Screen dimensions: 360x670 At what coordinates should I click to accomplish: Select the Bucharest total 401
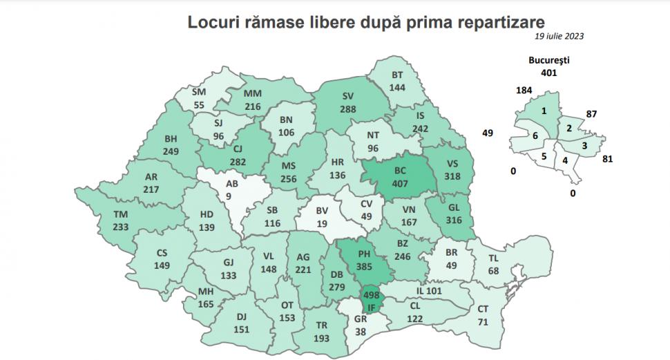548,72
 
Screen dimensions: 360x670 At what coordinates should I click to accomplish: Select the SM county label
200,92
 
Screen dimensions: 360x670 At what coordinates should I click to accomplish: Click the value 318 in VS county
453,176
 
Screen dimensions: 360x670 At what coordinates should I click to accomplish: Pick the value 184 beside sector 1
524,90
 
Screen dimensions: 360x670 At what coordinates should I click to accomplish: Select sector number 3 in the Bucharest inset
584,145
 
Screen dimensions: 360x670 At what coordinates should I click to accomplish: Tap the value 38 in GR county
360,330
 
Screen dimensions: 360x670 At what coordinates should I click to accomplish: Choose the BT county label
396,75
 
